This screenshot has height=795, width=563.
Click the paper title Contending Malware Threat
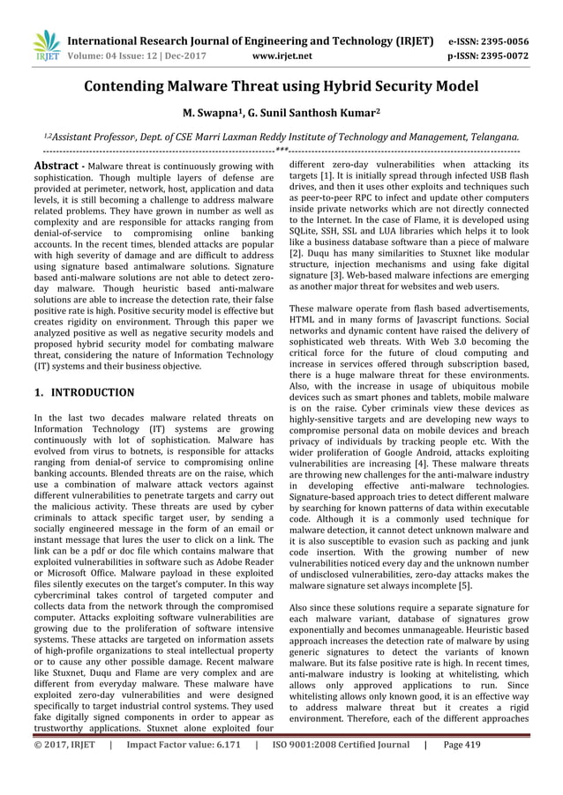281,86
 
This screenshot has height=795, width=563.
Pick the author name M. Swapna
211,113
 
